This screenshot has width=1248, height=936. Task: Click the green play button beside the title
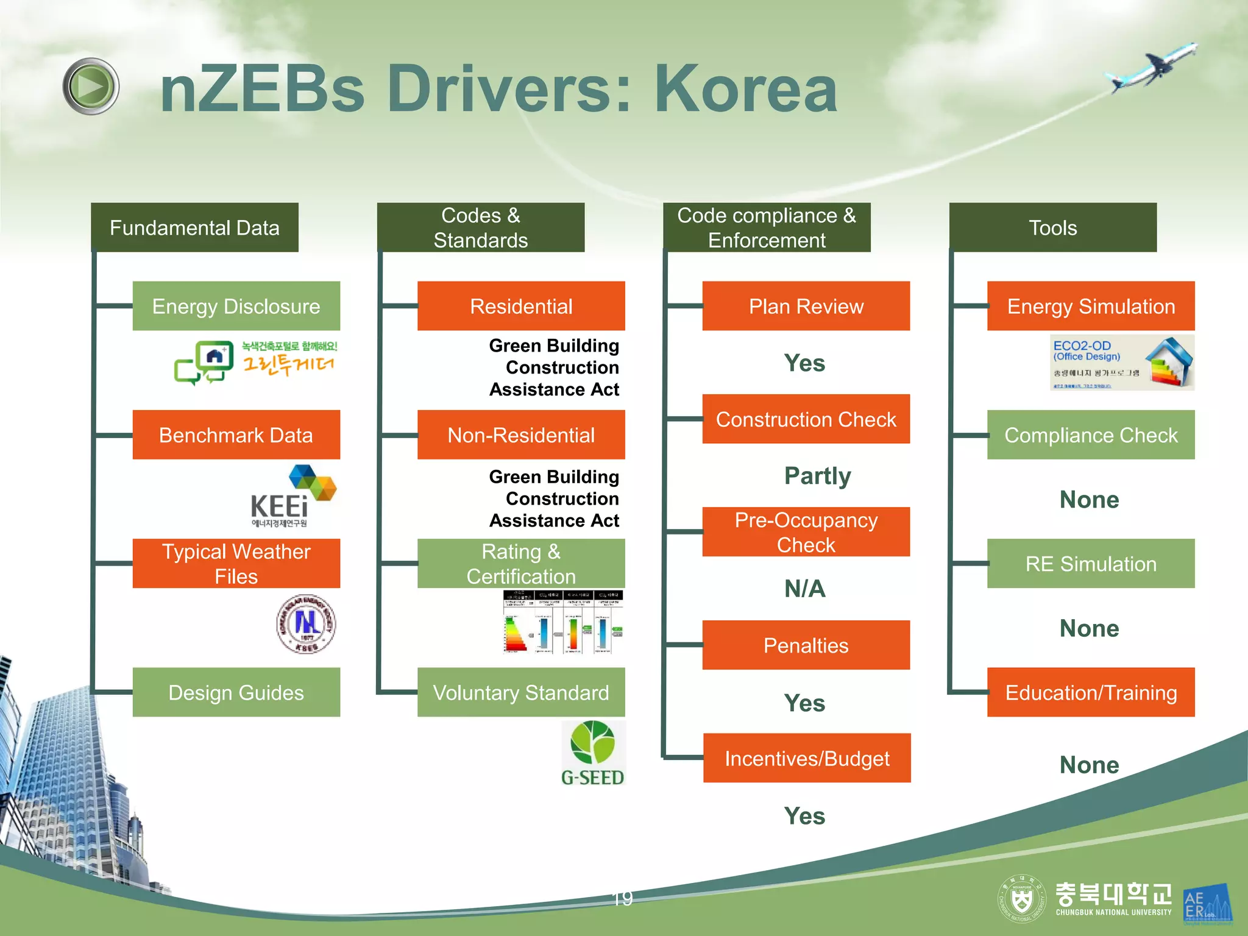pyautogui.click(x=91, y=87)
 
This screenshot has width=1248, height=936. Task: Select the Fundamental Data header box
pyautogui.click(x=194, y=227)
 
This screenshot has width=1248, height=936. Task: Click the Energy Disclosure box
pyautogui.click(x=236, y=306)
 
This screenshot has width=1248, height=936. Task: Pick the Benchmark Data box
pyautogui.click(x=236, y=434)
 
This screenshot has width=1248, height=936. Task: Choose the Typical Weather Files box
pyautogui.click(x=236, y=563)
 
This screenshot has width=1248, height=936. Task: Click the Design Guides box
pyautogui.click(x=236, y=692)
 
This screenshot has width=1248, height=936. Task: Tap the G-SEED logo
pyautogui.click(x=593, y=753)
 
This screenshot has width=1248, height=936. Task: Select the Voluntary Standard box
pyautogui.click(x=521, y=692)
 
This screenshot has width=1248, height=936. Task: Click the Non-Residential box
pyautogui.click(x=521, y=434)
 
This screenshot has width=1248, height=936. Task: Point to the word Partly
pyautogui.click(x=817, y=475)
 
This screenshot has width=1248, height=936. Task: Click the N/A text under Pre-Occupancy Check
pyautogui.click(x=805, y=589)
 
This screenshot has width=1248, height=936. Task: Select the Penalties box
pyautogui.click(x=806, y=645)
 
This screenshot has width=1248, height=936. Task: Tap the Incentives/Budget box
pyautogui.click(x=807, y=758)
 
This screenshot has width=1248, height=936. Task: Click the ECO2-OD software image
pyautogui.click(x=1121, y=363)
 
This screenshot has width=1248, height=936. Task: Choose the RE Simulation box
pyautogui.click(x=1091, y=563)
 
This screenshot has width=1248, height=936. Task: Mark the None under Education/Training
pyautogui.click(x=1090, y=765)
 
